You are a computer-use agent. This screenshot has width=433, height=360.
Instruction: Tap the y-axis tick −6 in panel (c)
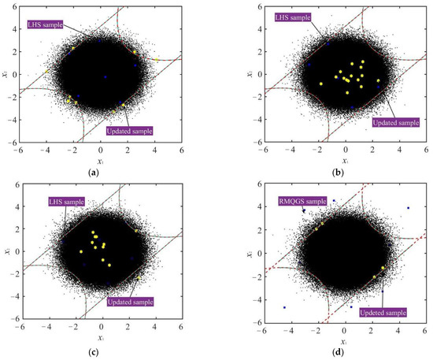[13, 324]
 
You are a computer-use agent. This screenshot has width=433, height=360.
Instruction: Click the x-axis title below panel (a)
[101, 160]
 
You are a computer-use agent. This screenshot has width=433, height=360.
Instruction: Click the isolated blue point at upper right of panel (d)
[408, 208]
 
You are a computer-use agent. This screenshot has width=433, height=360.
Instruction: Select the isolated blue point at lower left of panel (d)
[284, 308]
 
